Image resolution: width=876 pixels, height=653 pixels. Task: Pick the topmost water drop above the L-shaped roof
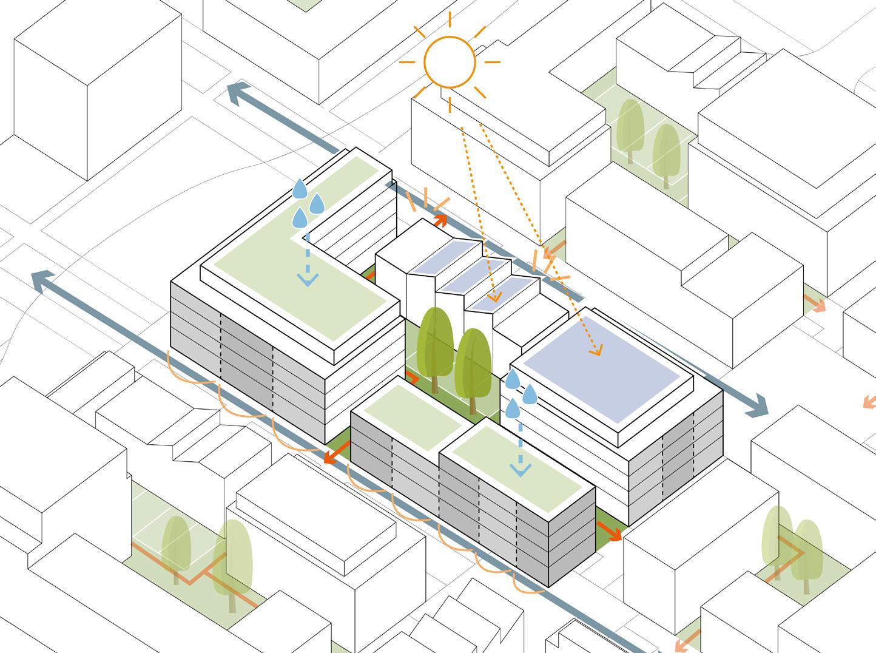[300, 189]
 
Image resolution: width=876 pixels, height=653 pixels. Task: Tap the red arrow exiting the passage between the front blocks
[331, 458]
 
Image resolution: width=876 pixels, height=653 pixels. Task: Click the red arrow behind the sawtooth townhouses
[440, 220]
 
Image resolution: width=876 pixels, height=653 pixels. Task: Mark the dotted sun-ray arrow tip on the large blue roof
[598, 351]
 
